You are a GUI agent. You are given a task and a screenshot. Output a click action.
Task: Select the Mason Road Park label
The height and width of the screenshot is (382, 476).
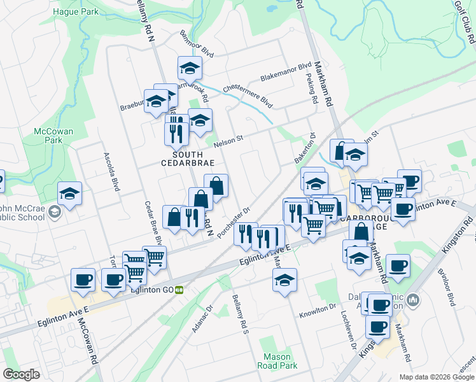click(277, 361)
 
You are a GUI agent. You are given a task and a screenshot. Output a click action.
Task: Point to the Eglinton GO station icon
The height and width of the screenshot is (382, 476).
click(179, 290)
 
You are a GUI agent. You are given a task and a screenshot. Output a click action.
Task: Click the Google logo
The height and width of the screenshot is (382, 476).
click(21, 374)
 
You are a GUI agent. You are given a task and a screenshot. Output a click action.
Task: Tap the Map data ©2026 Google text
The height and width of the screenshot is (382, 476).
click(437, 377)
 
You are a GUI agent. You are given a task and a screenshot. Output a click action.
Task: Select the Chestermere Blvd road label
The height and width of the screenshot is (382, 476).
click(248, 95)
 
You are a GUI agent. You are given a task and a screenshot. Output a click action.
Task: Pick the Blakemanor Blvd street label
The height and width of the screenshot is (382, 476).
click(286, 72)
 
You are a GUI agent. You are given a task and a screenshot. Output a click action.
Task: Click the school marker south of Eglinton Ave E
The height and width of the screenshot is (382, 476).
click(284, 279)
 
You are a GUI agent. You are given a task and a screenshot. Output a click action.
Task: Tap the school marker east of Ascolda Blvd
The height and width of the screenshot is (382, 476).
click(69, 193)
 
